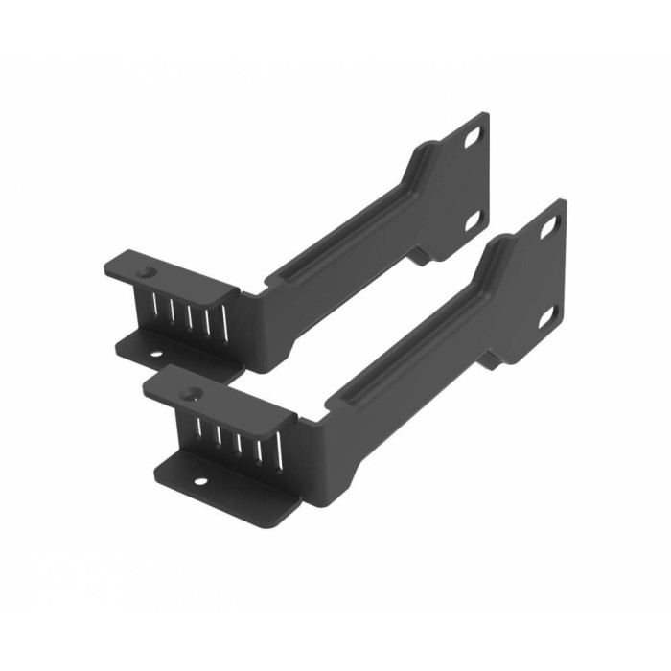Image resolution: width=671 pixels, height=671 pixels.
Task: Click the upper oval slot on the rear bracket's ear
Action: click(x=473, y=138)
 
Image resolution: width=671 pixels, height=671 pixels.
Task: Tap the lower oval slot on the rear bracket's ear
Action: click(x=473, y=221)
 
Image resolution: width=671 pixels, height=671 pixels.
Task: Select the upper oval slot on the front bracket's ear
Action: click(x=548, y=228)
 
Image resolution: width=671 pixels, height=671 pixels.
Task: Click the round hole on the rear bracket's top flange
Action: click(x=146, y=272)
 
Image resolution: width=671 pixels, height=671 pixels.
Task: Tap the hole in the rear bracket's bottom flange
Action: click(x=153, y=355)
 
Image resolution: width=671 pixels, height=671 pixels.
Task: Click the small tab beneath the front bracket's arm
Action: click(x=491, y=359)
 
